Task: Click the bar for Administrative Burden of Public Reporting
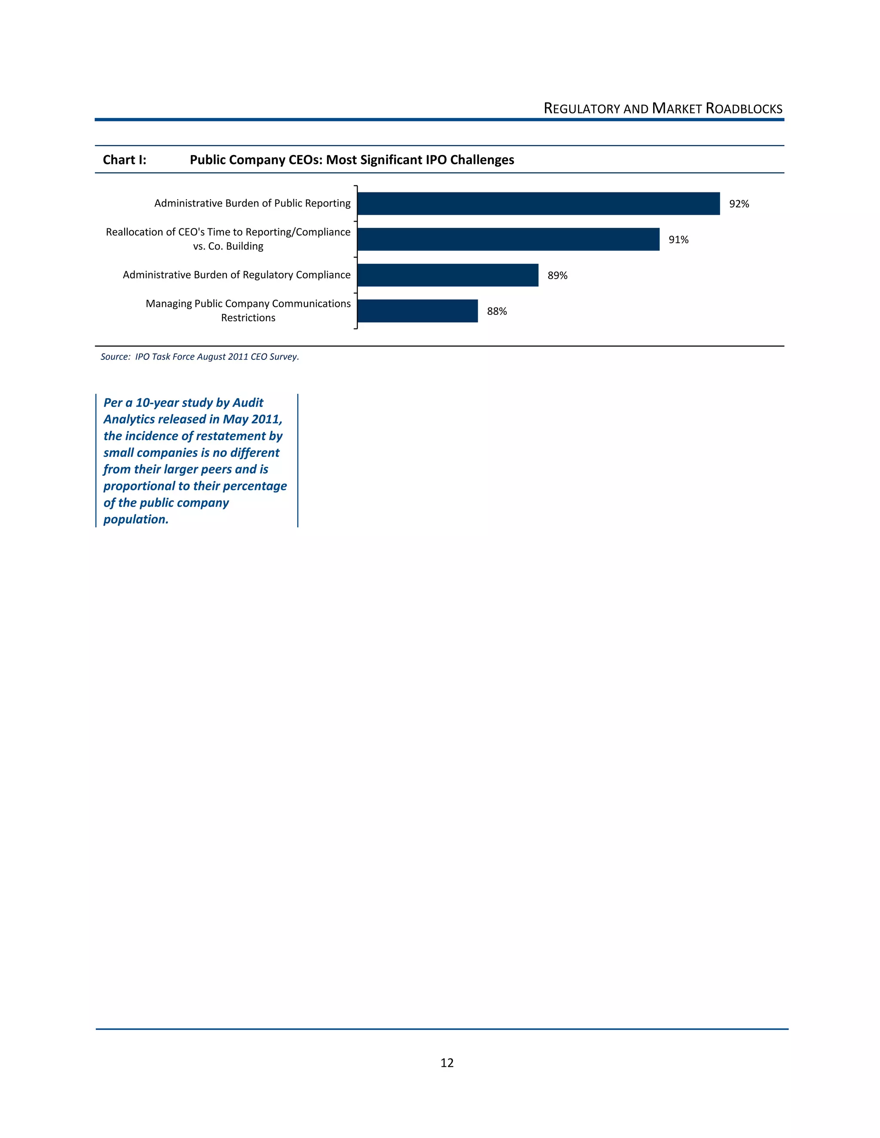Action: click(538, 203)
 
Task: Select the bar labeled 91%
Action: click(508, 239)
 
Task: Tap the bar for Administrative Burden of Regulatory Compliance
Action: click(448, 275)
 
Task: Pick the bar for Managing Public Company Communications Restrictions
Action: click(418, 311)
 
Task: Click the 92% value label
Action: click(739, 204)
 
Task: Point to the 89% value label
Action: click(557, 276)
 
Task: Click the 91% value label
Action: click(678, 240)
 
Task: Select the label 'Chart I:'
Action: click(125, 160)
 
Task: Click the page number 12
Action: click(447, 1063)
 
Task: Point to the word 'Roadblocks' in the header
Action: click(744, 109)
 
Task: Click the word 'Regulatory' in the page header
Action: click(582, 109)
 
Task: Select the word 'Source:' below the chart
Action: click(115, 357)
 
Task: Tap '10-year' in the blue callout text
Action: click(157, 403)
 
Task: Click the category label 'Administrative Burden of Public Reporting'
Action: click(252, 203)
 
